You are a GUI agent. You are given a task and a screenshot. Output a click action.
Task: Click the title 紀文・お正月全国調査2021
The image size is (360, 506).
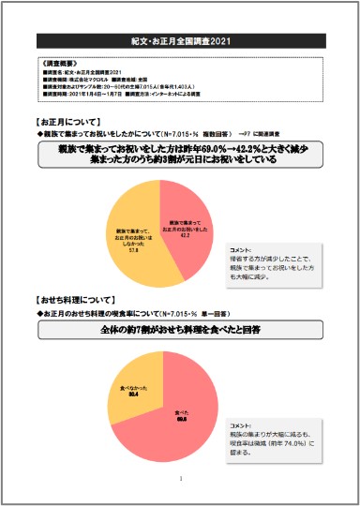click(x=180, y=42)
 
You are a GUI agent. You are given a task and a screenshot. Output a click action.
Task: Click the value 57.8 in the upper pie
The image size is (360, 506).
click(x=134, y=251)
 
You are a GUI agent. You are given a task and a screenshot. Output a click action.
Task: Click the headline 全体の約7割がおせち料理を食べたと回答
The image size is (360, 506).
click(x=179, y=330)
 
